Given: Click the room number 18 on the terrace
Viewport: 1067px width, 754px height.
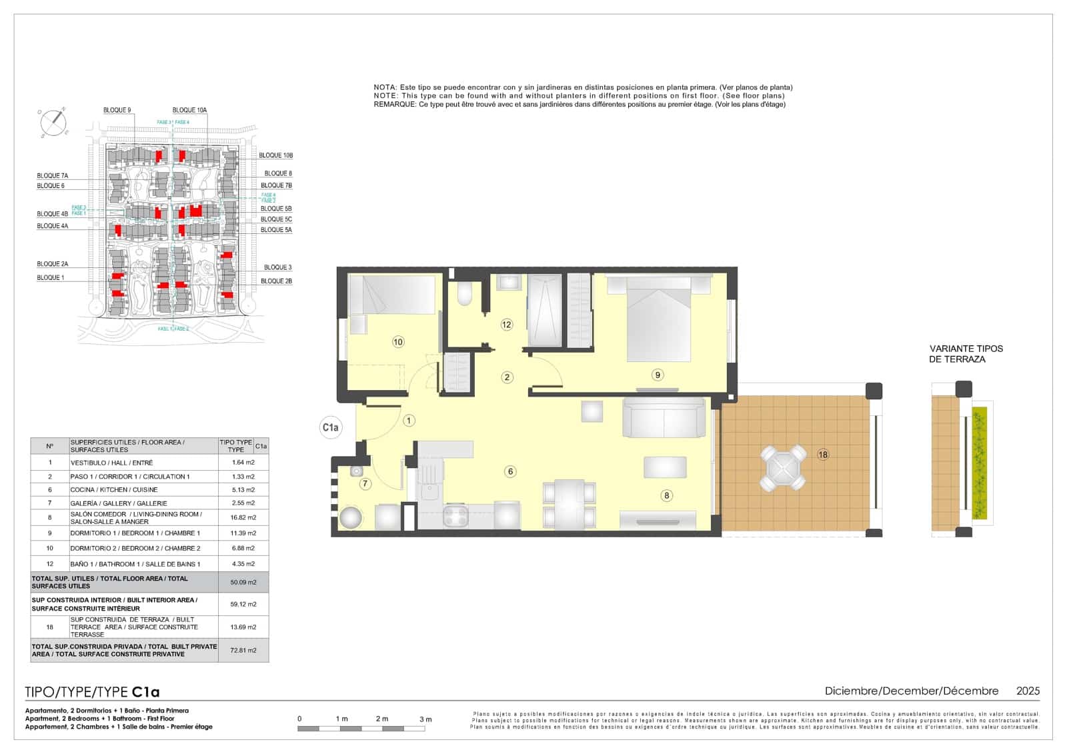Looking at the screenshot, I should [823, 455].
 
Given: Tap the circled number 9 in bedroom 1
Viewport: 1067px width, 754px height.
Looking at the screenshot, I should [658, 375].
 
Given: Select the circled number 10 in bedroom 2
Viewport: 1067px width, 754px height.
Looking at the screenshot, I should [398, 342].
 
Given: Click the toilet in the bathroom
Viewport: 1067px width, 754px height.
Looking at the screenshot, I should [465, 293].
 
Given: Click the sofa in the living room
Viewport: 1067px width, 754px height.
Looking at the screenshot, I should [664, 418].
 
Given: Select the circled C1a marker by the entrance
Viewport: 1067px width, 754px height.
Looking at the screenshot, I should [330, 427].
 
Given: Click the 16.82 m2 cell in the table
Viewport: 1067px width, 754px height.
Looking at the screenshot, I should [243, 517].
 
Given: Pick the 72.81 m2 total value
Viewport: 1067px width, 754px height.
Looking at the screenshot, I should [243, 650].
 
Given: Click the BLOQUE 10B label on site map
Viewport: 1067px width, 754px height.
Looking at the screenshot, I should [275, 155].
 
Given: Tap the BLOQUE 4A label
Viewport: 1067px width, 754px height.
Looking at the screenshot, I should [53, 226].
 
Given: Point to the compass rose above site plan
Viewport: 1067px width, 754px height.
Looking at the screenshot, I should [53, 122].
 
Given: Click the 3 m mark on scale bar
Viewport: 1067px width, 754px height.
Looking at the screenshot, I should [425, 719].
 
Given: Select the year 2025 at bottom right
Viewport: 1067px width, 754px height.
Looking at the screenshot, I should [1028, 691].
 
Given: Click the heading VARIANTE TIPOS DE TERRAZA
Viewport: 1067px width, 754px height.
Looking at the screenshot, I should [966, 353].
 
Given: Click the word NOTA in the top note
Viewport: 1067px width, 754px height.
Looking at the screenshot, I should [385, 87].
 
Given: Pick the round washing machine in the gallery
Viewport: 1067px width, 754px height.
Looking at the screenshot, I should [351, 517].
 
